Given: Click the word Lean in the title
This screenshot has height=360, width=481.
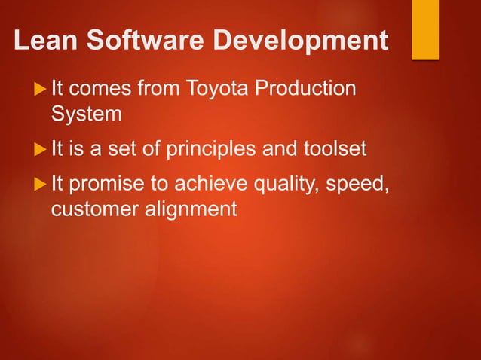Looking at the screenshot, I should (44, 41).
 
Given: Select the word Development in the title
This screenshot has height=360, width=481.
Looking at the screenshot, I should (294, 41).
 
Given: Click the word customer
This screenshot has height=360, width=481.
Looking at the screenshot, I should (91, 209).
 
